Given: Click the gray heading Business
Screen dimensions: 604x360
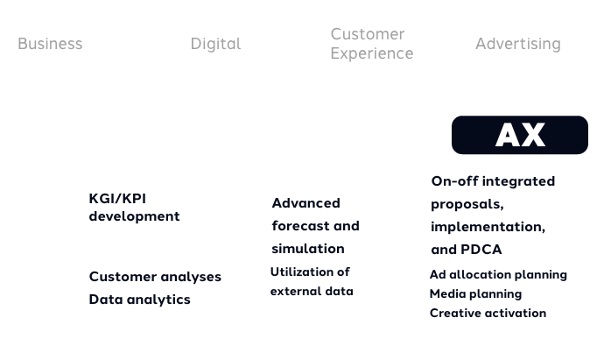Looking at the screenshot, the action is point(50,44).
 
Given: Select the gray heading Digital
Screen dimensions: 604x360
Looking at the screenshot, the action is point(215,44).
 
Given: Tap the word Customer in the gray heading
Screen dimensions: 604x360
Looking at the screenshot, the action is point(368,34).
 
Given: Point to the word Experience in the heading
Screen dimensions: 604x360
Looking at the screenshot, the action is point(372,53).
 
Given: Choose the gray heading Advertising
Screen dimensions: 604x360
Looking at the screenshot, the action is point(518,44).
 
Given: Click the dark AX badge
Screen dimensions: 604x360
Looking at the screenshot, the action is point(520,135).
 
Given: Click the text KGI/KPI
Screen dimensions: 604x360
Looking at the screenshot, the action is point(117,199).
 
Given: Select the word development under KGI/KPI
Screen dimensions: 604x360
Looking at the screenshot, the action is point(134,216).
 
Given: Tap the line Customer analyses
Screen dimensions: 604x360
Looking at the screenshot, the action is point(155,277).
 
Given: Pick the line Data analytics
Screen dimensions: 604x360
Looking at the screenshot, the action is point(139,300).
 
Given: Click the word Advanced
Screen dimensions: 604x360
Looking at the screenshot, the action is point(306,203).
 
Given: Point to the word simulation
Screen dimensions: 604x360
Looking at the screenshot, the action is point(308,249).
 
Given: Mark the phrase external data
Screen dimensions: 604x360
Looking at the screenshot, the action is point(312,292).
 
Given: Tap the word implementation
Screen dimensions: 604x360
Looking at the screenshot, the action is point(488,227).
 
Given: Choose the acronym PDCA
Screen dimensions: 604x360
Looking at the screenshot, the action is point(481,250).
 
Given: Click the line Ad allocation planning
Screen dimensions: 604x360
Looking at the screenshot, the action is point(498,275).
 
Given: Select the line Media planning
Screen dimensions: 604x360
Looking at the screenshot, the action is point(475,294).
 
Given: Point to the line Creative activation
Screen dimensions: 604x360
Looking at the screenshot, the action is point(488,313).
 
